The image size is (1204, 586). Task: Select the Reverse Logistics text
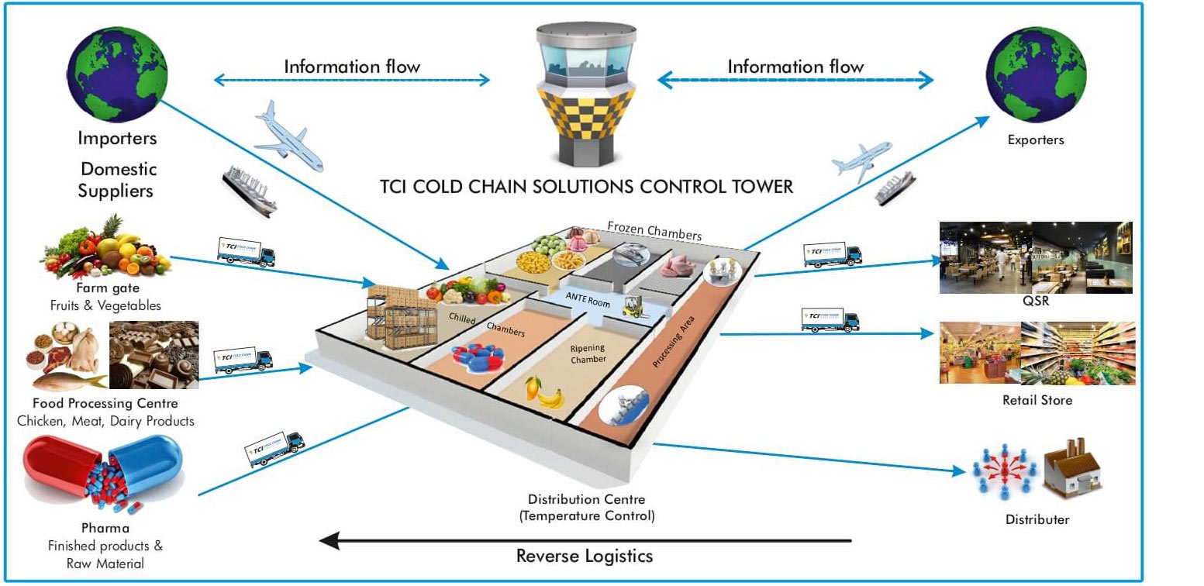584,556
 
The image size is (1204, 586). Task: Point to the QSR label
1036,302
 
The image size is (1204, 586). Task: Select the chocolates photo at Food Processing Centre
154,354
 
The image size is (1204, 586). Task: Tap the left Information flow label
352,67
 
